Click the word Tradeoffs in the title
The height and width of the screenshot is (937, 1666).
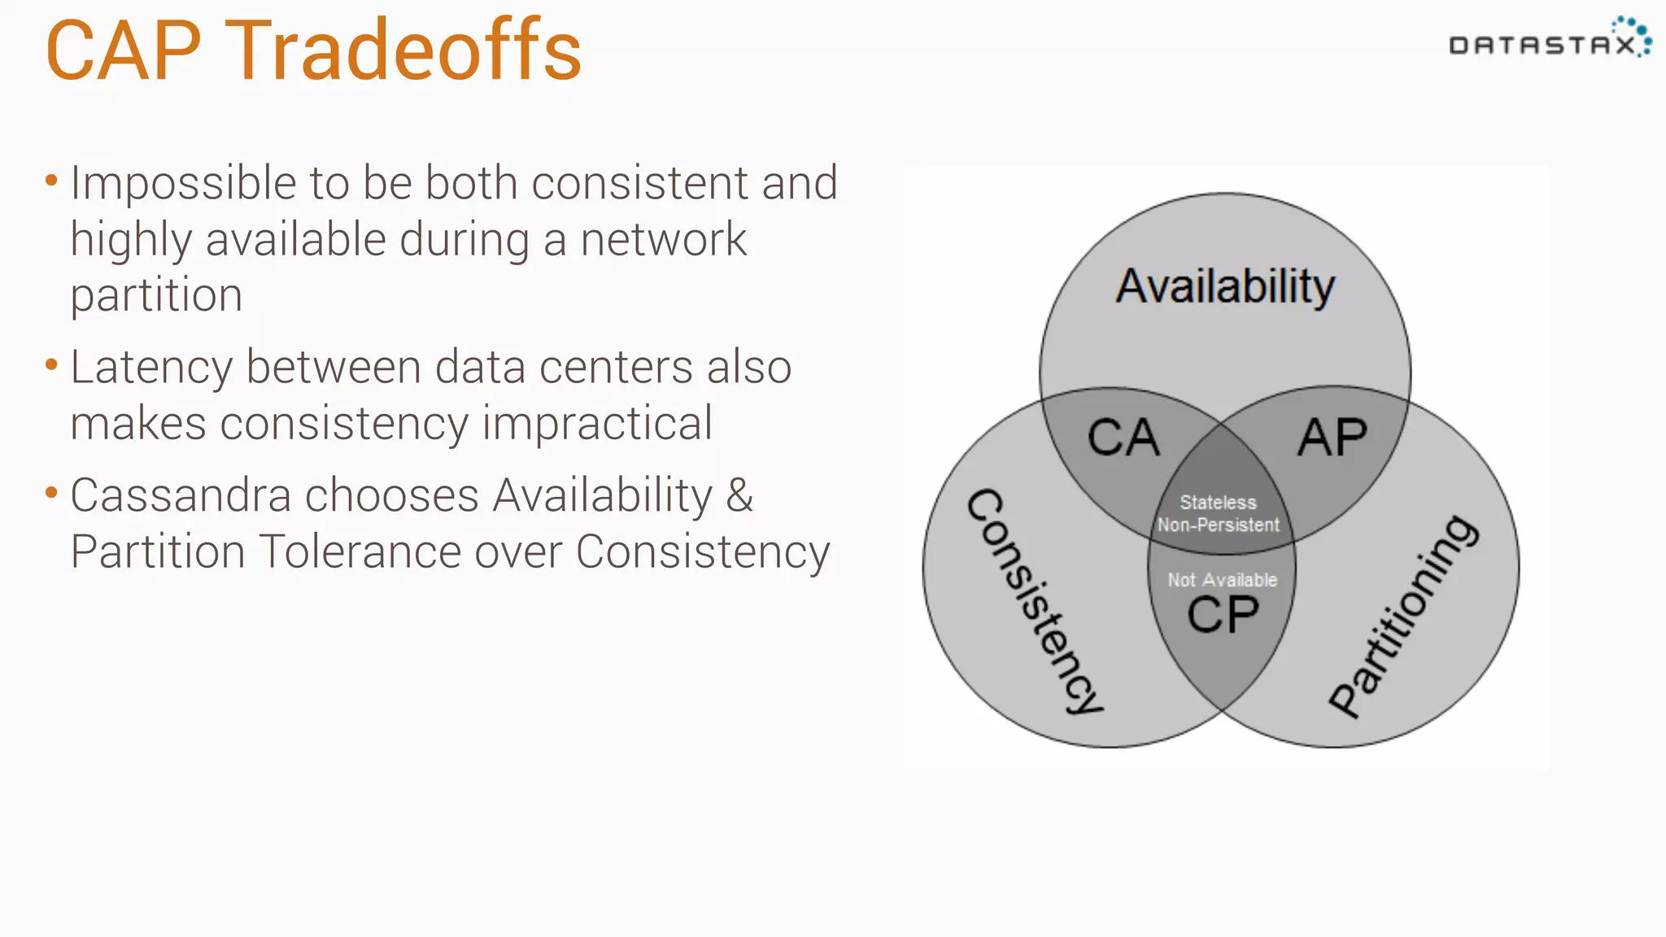[x=403, y=51]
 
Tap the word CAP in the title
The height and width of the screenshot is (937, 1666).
[x=124, y=51]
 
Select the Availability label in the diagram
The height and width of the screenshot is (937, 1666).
[x=1225, y=286]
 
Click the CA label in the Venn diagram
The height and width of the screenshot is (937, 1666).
[x=1123, y=438]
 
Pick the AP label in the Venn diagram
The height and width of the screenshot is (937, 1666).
[x=1332, y=438]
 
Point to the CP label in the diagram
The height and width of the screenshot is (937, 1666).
[x=1223, y=615]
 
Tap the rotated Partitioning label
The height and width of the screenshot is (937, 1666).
[x=1404, y=617]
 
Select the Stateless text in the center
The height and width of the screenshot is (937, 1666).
[x=1218, y=503]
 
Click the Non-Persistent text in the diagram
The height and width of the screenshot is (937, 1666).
[x=1218, y=525]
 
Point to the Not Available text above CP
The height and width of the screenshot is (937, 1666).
[x=1222, y=580]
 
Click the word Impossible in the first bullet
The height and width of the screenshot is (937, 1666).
[x=183, y=184]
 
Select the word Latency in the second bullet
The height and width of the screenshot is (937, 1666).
[x=151, y=368]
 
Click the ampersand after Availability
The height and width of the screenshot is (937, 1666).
[x=739, y=495]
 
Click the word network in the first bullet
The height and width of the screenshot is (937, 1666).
[x=663, y=240]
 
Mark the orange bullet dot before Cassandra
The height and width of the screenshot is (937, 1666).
[x=51, y=492]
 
